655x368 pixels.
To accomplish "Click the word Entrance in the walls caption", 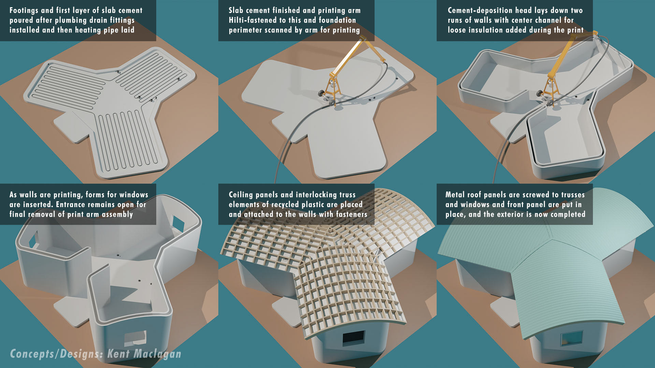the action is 72,204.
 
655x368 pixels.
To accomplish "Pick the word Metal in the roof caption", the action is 455,195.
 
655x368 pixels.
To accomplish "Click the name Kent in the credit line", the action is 118,354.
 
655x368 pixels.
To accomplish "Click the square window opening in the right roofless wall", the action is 178,224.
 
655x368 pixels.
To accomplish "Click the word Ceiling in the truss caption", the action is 241,195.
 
